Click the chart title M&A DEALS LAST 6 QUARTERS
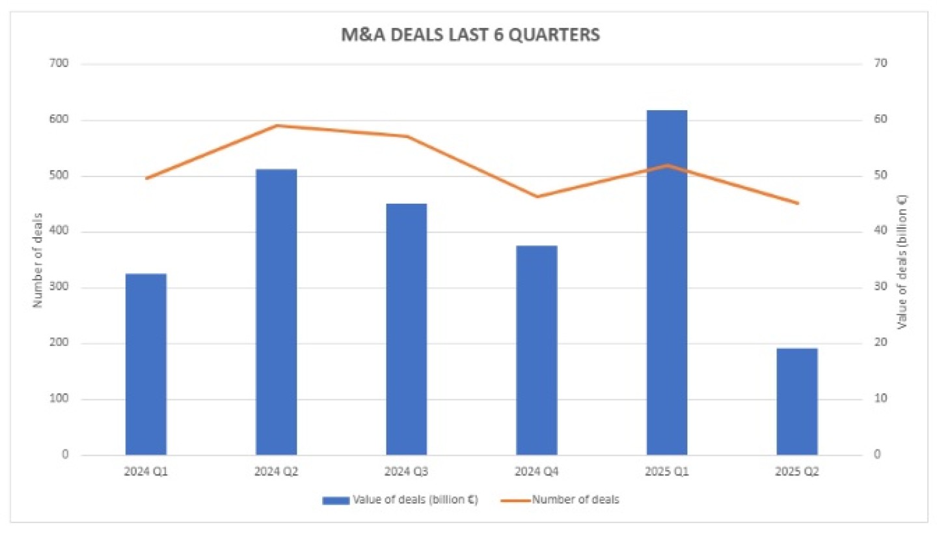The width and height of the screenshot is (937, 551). click(x=470, y=35)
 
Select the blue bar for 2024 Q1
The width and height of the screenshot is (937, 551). click(x=146, y=364)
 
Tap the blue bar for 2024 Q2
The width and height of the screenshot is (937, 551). click(x=276, y=312)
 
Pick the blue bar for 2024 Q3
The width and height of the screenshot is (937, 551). click(x=406, y=329)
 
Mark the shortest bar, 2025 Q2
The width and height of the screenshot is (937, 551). click(x=796, y=401)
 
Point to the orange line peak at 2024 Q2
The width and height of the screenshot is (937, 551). click(x=276, y=125)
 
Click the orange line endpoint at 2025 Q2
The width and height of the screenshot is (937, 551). click(x=796, y=203)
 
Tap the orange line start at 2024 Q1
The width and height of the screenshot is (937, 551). click(x=146, y=178)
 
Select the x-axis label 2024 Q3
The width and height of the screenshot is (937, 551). click(x=406, y=472)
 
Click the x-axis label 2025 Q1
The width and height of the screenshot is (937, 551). click(x=666, y=472)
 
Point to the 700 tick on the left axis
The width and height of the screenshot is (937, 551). click(x=59, y=64)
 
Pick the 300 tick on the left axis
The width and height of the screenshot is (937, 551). click(x=59, y=287)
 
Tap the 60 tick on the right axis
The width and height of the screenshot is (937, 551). click(x=880, y=120)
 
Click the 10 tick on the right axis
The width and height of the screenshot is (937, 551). click(x=880, y=399)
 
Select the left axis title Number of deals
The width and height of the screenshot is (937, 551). click(x=37, y=260)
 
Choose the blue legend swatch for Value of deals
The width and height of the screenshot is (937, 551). click(x=336, y=501)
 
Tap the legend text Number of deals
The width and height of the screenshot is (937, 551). click(x=575, y=500)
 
